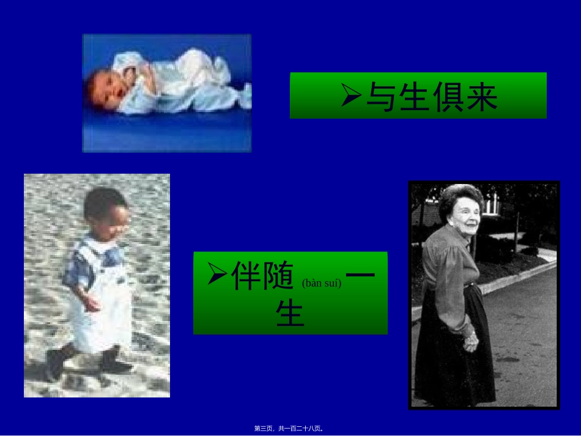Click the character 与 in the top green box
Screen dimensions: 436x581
(381, 97)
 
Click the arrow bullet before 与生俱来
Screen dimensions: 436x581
(352, 95)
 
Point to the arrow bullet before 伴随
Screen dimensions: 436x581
(217, 275)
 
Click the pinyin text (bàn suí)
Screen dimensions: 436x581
(322, 283)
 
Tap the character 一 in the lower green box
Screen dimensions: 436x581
(364, 275)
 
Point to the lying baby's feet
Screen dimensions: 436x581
(243, 95)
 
